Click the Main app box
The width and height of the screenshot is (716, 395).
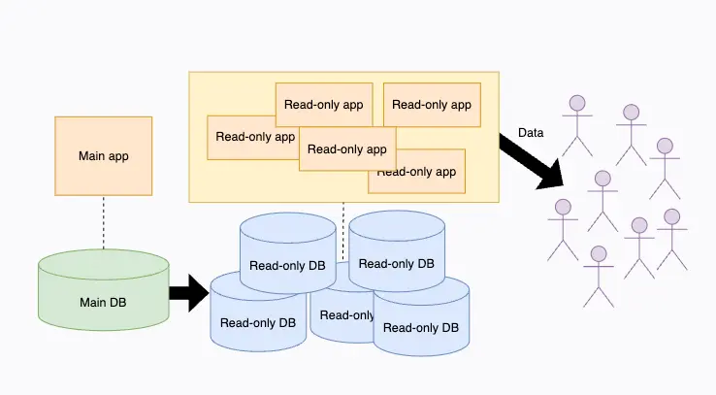point(104,155)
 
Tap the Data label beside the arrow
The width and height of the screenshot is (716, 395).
point(531,132)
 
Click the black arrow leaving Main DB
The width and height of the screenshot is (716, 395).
point(188,292)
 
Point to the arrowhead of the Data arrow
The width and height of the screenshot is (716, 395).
point(554,176)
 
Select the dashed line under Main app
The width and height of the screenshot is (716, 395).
point(104,222)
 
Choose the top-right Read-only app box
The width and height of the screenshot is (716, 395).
point(431,105)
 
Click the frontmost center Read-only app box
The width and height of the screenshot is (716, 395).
point(347,148)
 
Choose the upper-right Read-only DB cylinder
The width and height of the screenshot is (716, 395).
point(397,257)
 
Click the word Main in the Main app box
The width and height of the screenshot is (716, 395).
point(91,155)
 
